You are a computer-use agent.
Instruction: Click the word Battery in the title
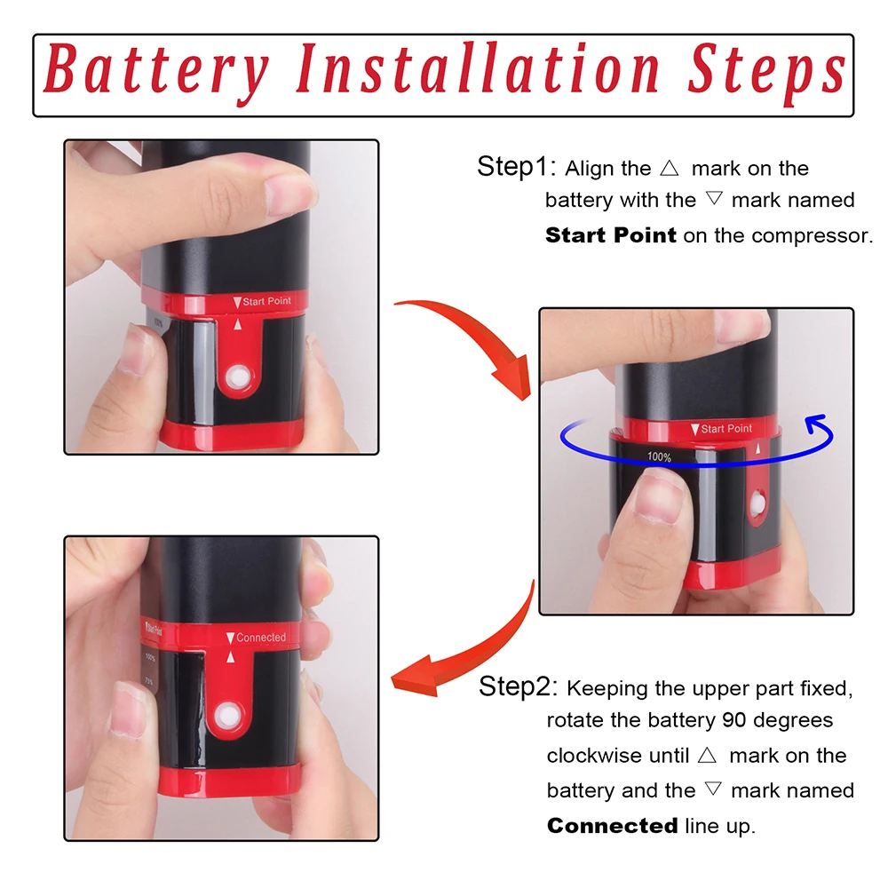point(155,71)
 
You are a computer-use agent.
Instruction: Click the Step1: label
point(516,167)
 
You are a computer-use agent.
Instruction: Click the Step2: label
point(518,686)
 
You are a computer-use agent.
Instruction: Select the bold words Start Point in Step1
point(610,235)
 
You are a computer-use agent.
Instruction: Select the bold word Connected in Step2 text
point(612,826)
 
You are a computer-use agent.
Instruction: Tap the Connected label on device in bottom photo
point(260,638)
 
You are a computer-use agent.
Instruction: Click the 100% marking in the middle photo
point(659,456)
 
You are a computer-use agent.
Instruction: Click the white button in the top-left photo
point(238,377)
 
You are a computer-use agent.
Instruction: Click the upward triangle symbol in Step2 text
point(707,756)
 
